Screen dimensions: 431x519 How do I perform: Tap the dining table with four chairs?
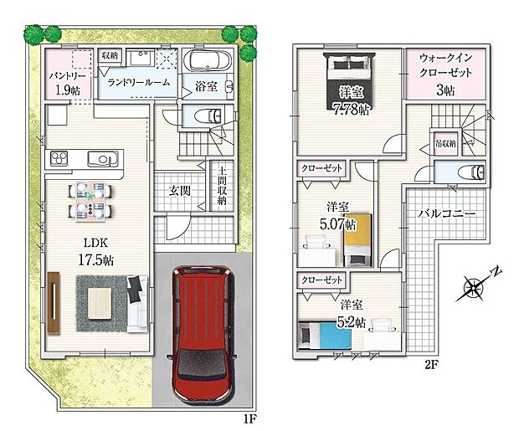pos(87,201)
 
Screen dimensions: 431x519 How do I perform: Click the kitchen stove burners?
pos(62,158)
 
